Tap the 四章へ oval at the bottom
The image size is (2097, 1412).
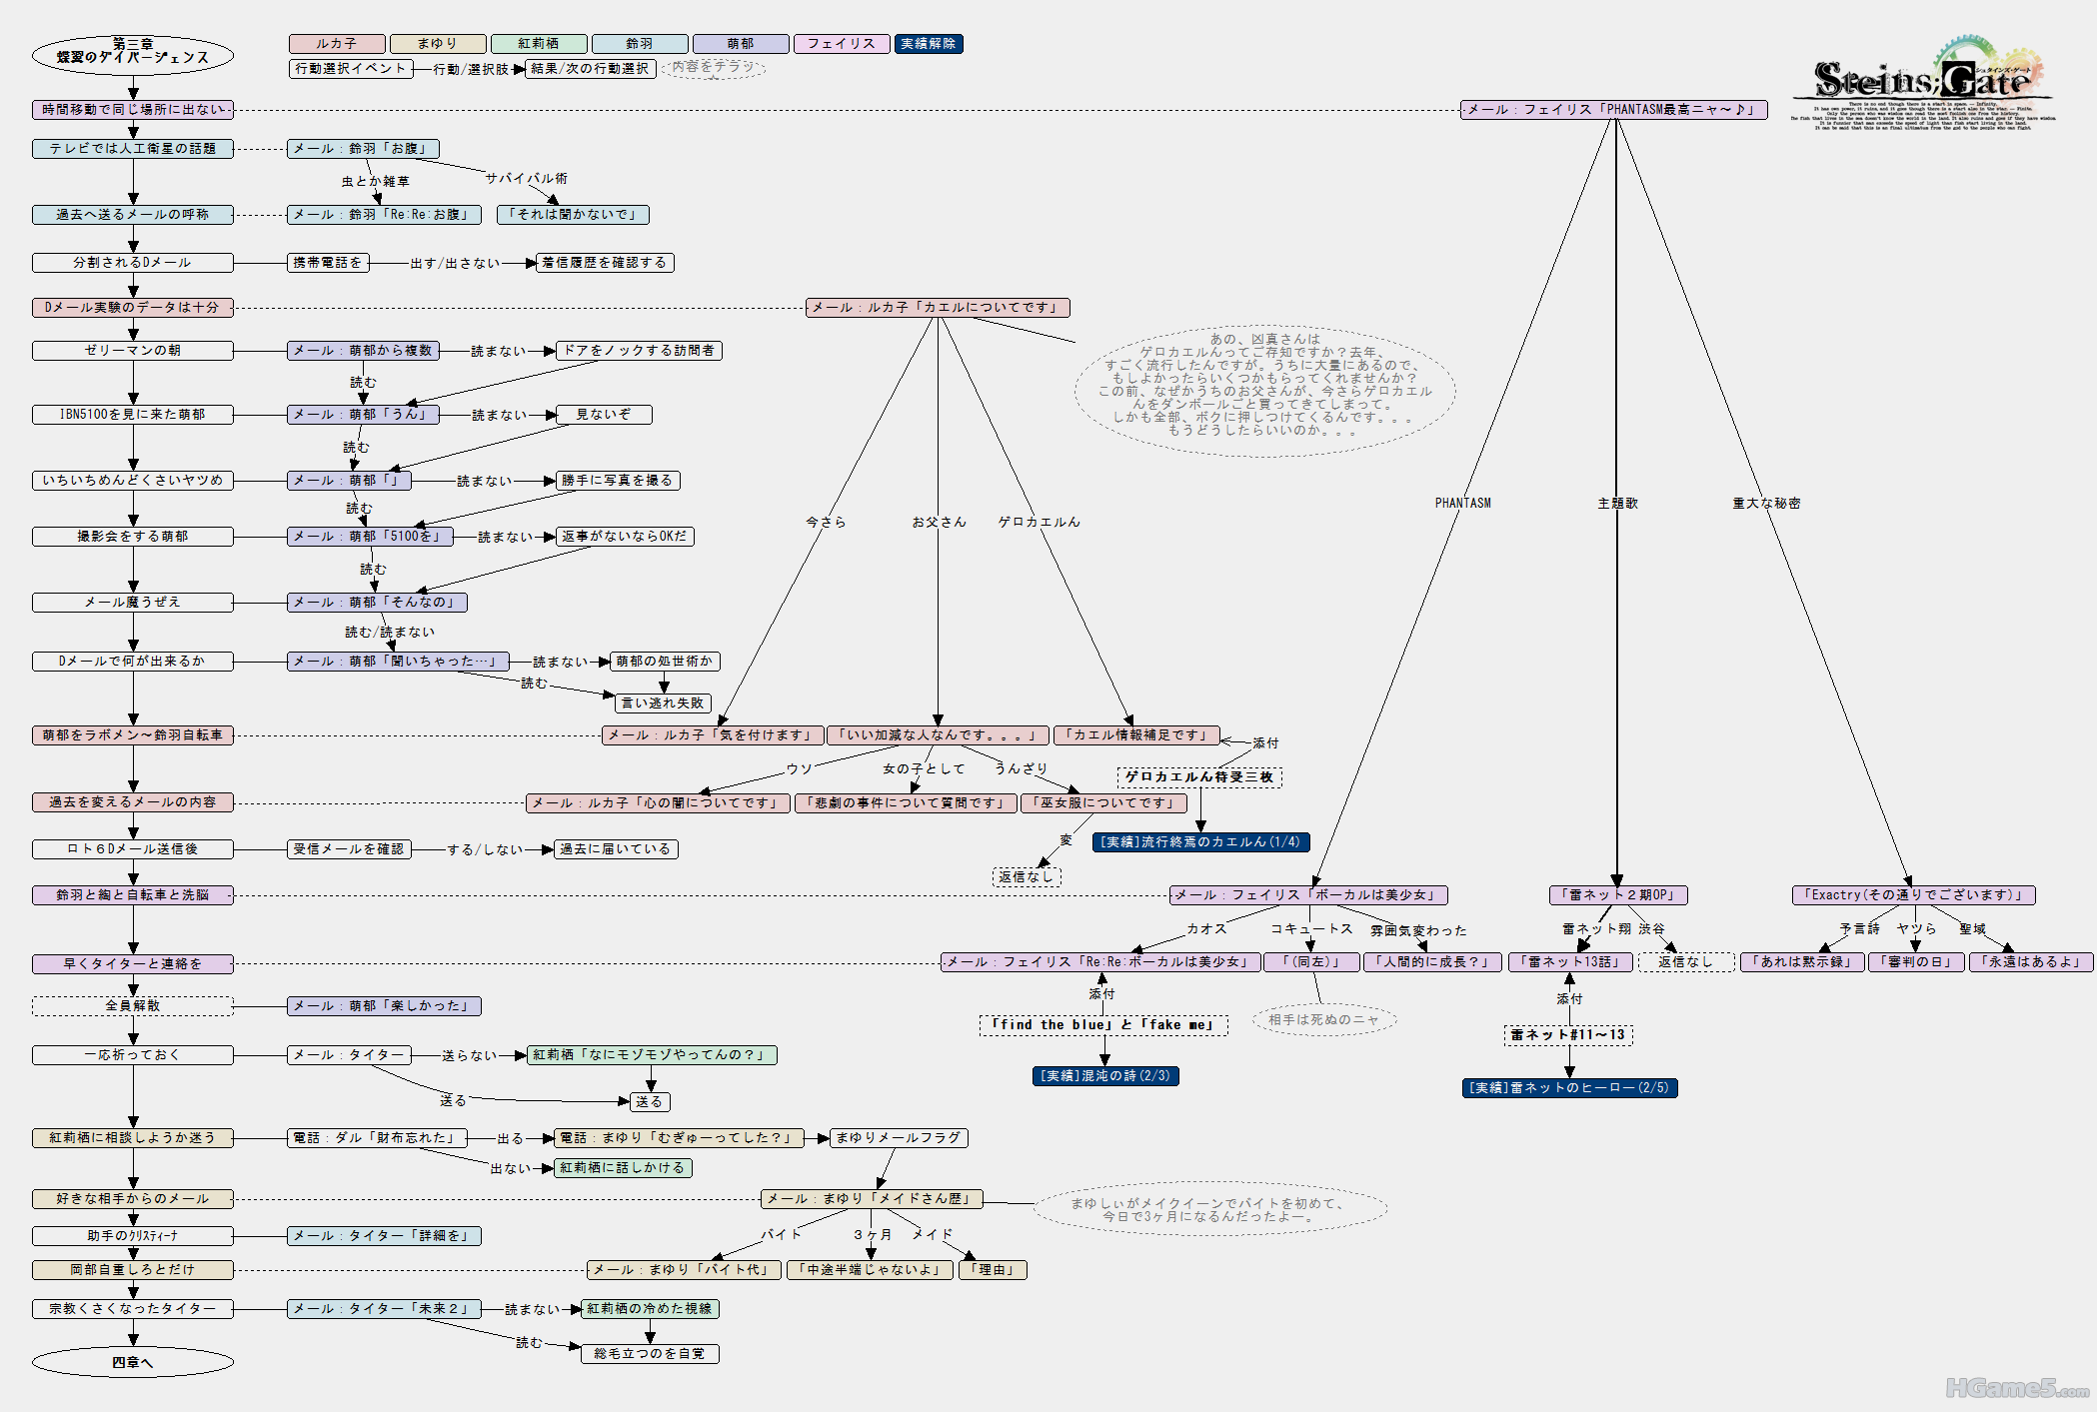click(x=132, y=1362)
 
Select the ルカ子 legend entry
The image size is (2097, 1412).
click(x=337, y=44)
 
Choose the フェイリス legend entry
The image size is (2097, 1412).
click(x=841, y=44)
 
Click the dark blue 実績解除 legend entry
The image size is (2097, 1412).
click(x=928, y=44)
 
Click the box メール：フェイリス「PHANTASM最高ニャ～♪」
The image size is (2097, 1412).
click(x=1612, y=110)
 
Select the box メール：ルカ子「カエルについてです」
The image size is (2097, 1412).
click(x=938, y=308)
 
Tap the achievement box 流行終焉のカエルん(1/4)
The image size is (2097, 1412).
click(x=1199, y=842)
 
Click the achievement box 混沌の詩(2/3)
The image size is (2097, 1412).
click(x=1104, y=1076)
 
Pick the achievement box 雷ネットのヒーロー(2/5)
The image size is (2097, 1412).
click(x=1568, y=1088)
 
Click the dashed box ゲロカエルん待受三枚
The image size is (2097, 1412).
click(x=1198, y=776)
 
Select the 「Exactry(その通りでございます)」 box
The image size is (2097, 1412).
click(x=1913, y=895)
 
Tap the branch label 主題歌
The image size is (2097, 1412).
click(x=1617, y=504)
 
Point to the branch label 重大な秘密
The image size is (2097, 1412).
click(x=1765, y=504)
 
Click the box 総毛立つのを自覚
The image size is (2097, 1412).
click(x=650, y=1354)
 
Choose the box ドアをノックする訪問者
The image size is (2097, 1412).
click(x=639, y=351)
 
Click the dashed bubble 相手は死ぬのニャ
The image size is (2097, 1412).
click(x=1323, y=1020)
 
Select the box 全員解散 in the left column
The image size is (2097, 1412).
click(x=132, y=1006)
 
